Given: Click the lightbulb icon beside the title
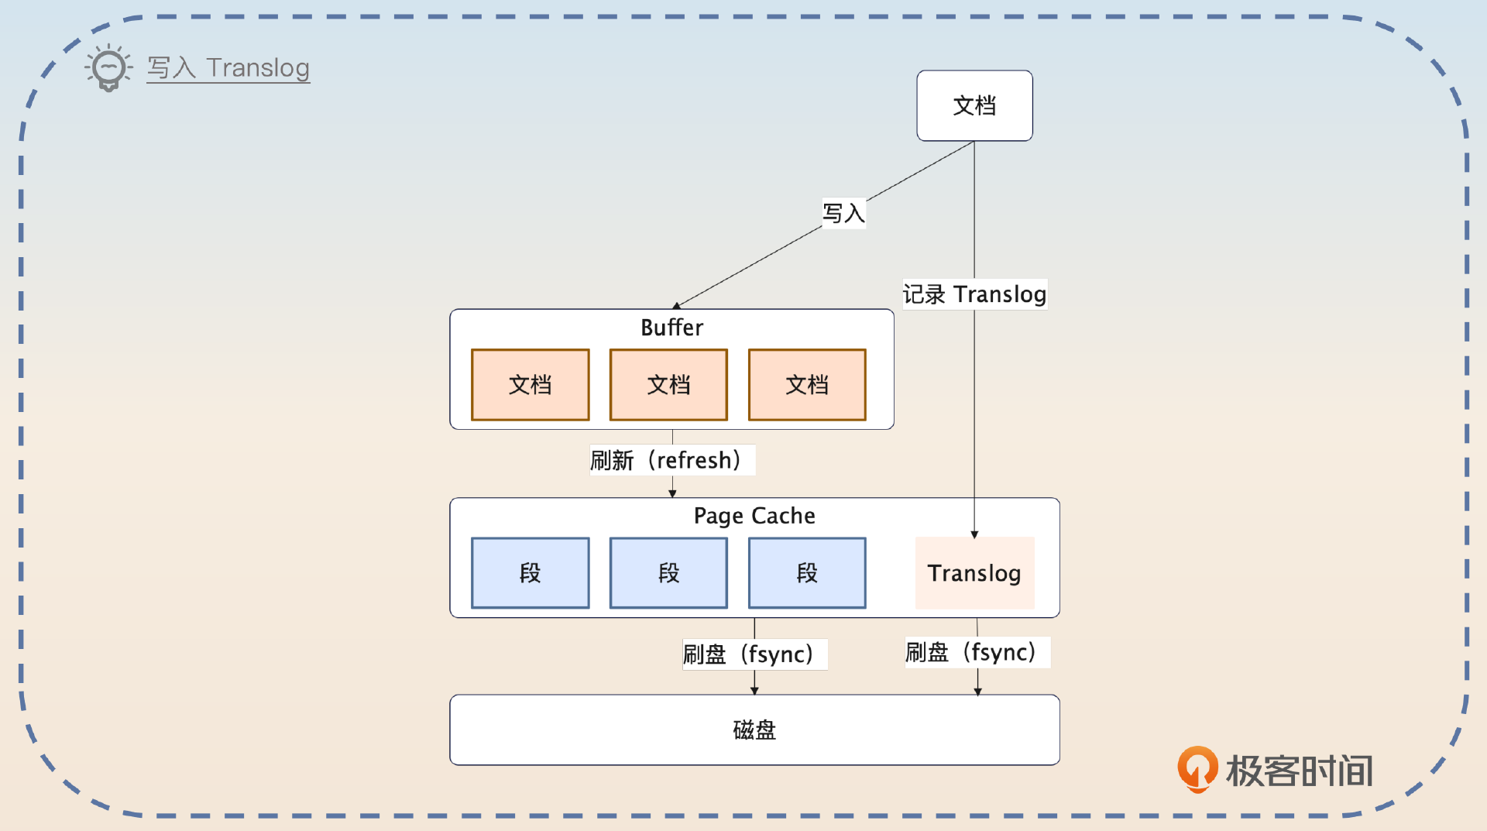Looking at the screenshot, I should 108,67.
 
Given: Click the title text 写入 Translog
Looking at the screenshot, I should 228,68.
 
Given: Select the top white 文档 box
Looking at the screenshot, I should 974,106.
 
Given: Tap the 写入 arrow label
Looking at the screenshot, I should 843,213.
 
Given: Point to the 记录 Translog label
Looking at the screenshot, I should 974,294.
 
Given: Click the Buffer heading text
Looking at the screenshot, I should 671,328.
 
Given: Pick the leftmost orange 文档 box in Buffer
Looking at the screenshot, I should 531,385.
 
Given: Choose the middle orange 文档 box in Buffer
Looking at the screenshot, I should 668,385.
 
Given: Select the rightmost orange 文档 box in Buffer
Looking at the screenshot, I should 807,385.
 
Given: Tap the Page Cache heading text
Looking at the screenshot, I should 754,516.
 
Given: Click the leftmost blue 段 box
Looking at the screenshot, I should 531,573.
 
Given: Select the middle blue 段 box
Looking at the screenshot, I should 668,573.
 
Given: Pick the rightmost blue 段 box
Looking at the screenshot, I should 807,573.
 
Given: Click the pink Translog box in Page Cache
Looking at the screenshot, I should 974,573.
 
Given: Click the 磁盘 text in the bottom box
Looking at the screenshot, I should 754,730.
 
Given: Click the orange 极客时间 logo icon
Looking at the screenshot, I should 1197,769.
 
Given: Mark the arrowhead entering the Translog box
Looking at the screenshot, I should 974,534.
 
